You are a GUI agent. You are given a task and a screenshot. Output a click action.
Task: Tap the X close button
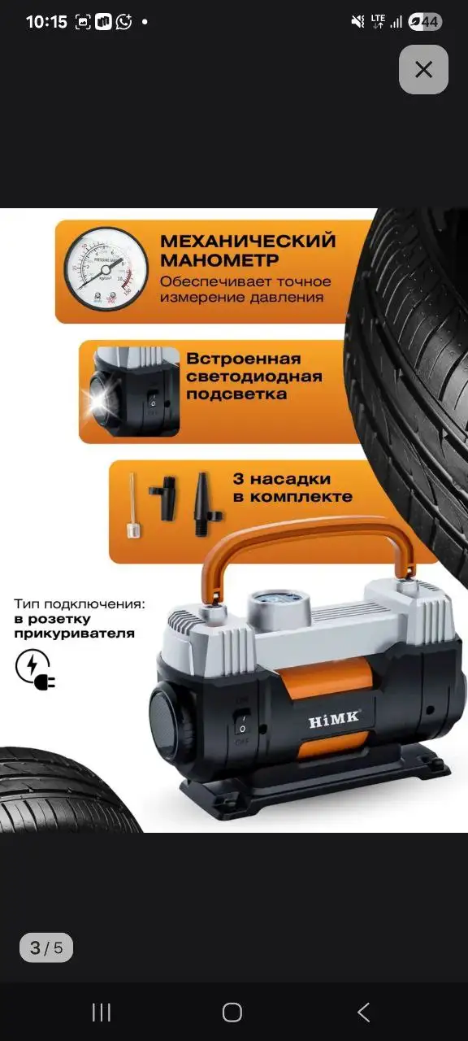tap(423, 69)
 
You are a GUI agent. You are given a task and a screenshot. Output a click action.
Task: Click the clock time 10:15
tap(46, 22)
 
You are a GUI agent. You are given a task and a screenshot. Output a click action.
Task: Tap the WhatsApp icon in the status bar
tap(123, 22)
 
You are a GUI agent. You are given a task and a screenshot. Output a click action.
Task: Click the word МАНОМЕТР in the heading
tap(219, 260)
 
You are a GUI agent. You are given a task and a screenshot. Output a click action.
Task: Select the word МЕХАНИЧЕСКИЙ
tap(248, 241)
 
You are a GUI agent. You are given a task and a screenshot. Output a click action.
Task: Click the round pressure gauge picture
tap(106, 269)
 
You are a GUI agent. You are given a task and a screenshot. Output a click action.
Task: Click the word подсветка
tap(236, 394)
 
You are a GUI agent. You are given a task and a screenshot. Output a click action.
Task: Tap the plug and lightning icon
tap(33, 669)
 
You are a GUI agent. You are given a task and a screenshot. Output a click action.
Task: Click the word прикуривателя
tap(74, 633)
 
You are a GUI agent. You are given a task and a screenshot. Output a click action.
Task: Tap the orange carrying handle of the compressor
tap(308, 541)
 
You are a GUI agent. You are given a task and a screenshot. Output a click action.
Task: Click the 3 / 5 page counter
tap(46, 947)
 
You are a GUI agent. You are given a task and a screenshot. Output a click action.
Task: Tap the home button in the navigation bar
tap(232, 1012)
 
